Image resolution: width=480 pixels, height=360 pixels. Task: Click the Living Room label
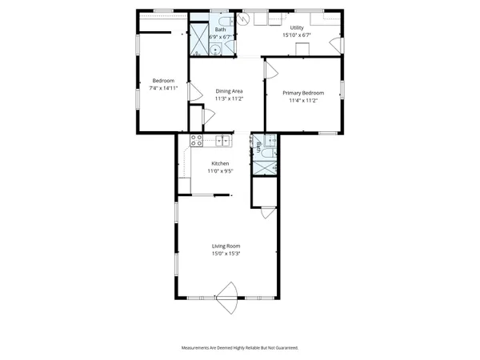coord(226,246)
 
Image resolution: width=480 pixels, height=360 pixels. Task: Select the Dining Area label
coord(229,91)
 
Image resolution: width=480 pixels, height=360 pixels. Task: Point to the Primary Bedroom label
coord(304,93)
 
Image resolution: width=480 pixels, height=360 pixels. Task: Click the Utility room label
coord(298,28)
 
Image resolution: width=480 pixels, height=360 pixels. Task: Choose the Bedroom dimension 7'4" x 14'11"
coord(163,88)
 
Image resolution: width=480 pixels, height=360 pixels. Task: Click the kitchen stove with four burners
coord(195,141)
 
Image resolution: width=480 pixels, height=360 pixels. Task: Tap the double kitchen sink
coord(222,142)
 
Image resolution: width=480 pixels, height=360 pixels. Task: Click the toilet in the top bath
coord(227,22)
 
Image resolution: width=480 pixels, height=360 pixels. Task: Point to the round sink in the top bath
coord(217,49)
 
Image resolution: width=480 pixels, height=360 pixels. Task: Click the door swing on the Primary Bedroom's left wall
coord(270,74)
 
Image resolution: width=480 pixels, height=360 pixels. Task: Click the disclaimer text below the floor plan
coord(240,348)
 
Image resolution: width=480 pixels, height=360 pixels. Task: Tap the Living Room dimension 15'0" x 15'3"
coord(226,254)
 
